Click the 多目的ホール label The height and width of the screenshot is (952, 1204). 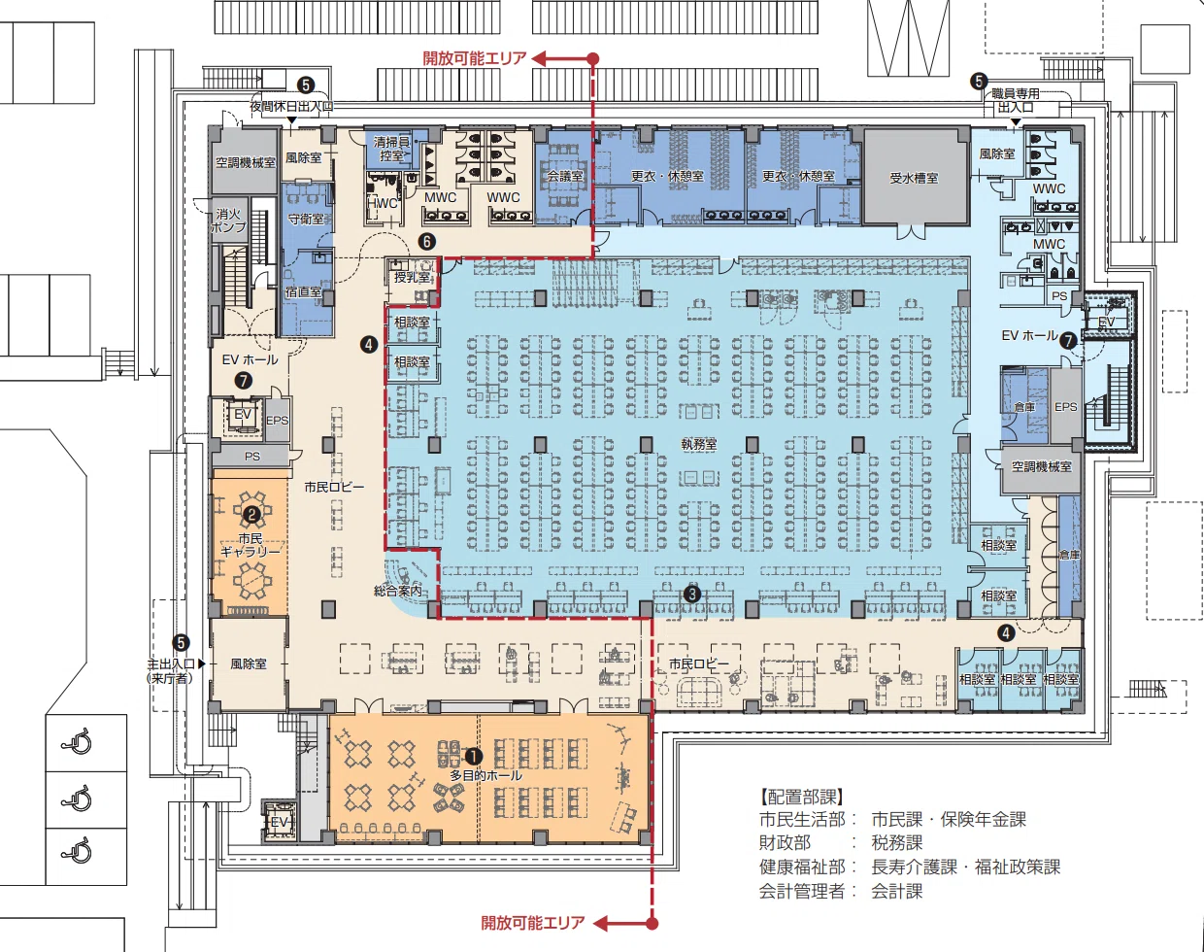(485, 776)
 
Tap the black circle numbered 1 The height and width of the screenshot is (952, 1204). (473, 757)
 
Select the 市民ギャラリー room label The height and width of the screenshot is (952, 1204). (251, 545)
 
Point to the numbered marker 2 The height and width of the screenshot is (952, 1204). (251, 515)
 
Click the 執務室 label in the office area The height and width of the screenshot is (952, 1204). (699, 444)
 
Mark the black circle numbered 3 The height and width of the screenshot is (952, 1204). (692, 594)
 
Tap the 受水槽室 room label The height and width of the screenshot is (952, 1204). (915, 178)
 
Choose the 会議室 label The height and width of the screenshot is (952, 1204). (565, 176)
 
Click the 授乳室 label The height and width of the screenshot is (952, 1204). (412, 277)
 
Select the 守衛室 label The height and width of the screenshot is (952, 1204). (306, 219)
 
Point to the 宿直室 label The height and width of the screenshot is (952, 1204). (303, 291)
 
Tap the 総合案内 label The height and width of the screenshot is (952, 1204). (398, 590)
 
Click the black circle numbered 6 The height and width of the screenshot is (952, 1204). (427, 242)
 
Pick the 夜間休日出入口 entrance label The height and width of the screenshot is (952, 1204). (291, 106)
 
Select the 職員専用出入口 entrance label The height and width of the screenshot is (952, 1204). (1016, 100)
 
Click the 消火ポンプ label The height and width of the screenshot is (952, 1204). (228, 221)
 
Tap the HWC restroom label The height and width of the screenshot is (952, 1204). (383, 203)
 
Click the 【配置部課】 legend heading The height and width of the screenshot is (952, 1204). (802, 797)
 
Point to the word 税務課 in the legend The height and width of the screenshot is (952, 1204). (897, 843)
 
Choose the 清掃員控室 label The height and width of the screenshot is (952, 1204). (391, 149)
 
